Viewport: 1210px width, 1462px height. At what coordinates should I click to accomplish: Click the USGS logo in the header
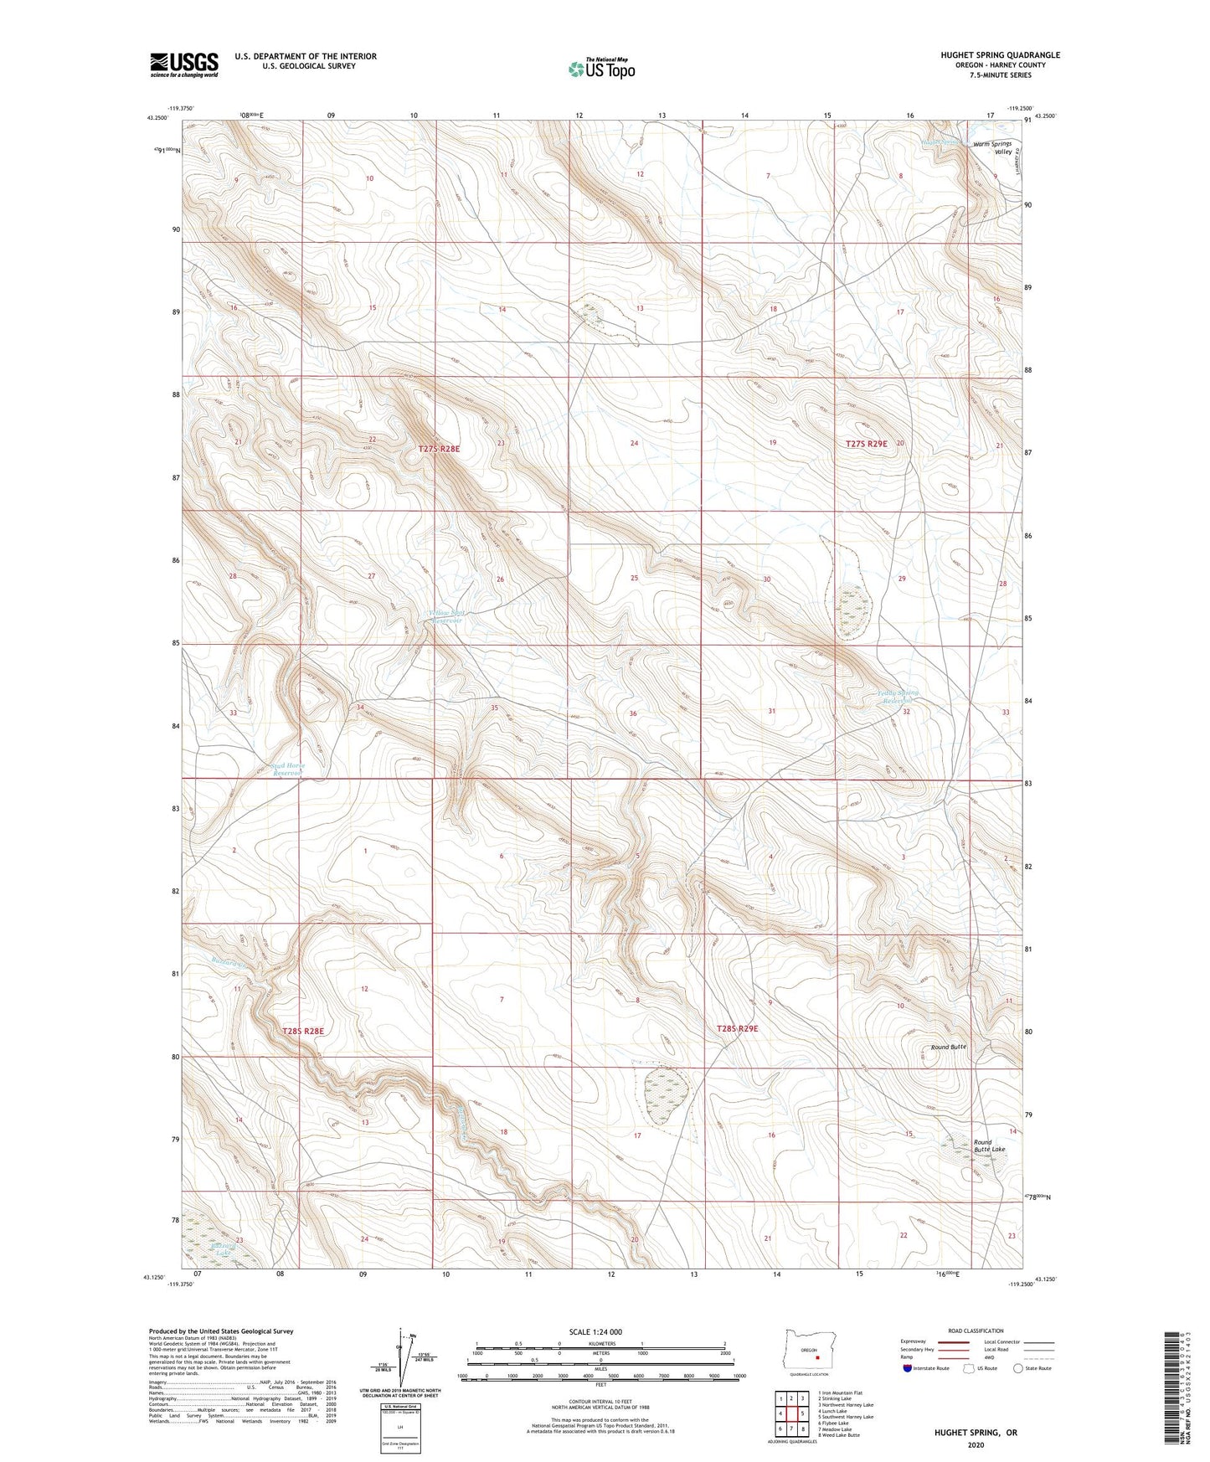184,64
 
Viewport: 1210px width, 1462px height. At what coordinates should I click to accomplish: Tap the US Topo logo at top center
600,68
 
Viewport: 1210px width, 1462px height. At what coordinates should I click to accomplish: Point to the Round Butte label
949,1047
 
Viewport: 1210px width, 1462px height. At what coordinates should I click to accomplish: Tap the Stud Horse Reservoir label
287,770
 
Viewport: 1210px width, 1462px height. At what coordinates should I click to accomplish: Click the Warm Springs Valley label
992,147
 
